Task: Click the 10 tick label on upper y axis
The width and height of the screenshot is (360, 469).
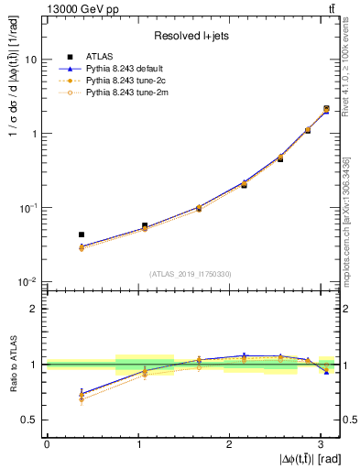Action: coord(30,60)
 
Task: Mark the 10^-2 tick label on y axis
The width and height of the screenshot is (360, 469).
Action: coord(28,281)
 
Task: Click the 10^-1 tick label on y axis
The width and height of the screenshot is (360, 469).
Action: coord(28,208)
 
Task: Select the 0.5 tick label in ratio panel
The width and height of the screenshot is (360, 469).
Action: coord(32,420)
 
